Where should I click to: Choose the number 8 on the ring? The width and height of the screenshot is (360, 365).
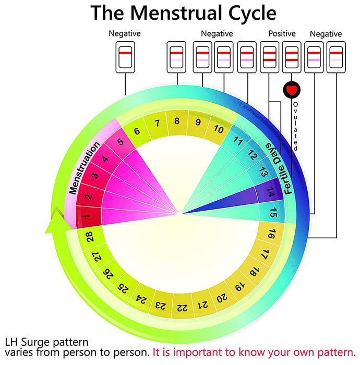pos(177,121)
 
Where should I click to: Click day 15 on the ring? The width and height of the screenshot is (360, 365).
pos(274,212)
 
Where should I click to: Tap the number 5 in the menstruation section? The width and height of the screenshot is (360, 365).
pos(120,141)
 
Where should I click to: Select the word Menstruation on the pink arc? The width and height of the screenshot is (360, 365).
pos(83,169)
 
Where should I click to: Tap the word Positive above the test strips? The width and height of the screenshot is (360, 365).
pos(282,34)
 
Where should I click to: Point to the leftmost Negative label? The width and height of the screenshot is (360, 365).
pos(125,34)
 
